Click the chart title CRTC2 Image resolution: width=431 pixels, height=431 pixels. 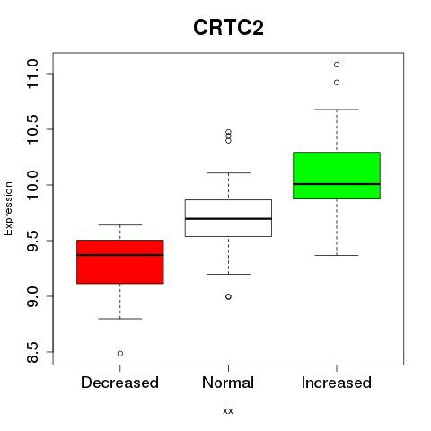[x=228, y=28]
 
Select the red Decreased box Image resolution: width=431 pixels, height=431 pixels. [x=120, y=261]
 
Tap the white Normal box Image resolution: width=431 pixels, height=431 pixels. [x=228, y=218]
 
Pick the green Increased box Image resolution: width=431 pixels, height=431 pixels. [x=337, y=175]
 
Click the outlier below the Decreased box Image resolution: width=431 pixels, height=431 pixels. [x=120, y=354]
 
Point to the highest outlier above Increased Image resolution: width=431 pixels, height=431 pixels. [x=337, y=65]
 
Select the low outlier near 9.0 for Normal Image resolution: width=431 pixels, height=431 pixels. [x=228, y=296]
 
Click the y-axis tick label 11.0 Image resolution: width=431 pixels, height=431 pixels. [x=32, y=74]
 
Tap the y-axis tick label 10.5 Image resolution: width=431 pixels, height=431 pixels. [x=32, y=129]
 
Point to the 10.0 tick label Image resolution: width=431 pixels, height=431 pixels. [x=32, y=185]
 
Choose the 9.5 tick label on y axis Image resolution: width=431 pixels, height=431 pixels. [x=32, y=241]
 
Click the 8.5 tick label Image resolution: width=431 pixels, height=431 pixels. [x=32, y=352]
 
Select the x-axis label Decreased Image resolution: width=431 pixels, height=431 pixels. [x=119, y=383]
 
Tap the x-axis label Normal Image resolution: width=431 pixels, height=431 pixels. [x=228, y=383]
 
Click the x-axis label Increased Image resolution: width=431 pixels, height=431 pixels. [x=337, y=383]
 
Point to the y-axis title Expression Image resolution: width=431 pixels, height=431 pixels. [x=8, y=208]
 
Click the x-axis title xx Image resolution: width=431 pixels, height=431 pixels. [x=228, y=411]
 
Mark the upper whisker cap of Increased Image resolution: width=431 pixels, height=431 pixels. [x=337, y=110]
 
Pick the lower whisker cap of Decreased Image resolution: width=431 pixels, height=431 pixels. [x=120, y=319]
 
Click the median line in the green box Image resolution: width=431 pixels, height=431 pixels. [x=337, y=184]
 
